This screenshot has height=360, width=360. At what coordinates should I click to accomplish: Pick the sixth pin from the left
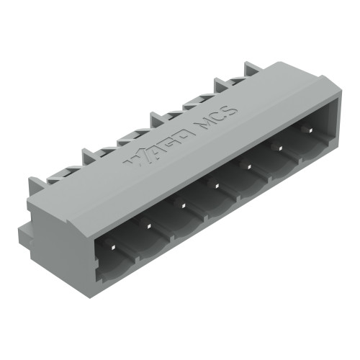276,147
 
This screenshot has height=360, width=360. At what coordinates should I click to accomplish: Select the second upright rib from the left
89,156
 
